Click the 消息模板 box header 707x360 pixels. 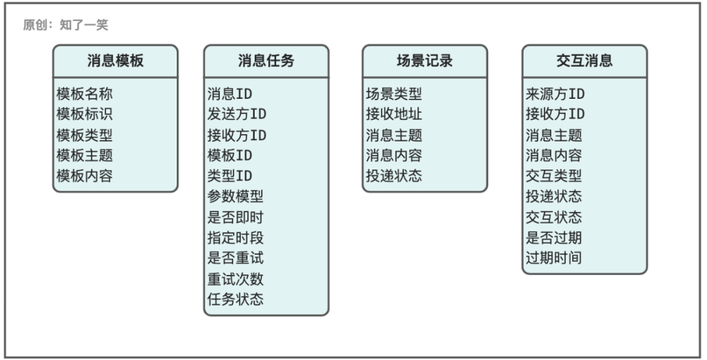115,60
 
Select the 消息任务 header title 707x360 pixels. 266,60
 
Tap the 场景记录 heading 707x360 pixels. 425,60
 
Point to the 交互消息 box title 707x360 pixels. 585,60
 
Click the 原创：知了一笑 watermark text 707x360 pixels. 66,25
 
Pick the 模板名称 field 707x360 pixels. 84,94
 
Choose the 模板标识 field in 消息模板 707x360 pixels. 84,114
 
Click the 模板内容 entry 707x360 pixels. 84,175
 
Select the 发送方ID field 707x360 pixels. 237,114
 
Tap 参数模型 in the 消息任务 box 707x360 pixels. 236,196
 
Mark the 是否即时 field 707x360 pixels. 236,217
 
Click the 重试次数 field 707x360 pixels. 236,278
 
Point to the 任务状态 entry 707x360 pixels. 236,298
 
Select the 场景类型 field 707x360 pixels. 394,94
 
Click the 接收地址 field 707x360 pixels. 394,114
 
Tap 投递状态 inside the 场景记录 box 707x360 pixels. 394,175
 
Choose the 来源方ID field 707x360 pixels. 555,94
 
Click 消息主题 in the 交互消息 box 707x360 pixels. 554,135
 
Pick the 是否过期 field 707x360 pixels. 554,237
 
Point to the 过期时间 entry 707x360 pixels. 554,258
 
